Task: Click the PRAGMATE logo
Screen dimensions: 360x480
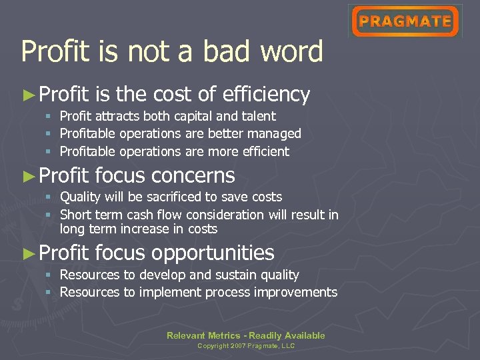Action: (405, 21)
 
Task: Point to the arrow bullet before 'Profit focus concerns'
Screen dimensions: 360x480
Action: (28, 176)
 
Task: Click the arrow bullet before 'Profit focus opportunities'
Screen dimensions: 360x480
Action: (28, 253)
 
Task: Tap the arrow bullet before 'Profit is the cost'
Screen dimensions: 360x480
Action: (28, 95)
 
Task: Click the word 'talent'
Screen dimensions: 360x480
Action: (259, 117)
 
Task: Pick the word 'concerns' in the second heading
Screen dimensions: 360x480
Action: (193, 176)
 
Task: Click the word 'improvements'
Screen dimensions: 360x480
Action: (297, 292)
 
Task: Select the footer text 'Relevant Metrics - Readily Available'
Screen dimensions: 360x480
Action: (245, 335)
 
